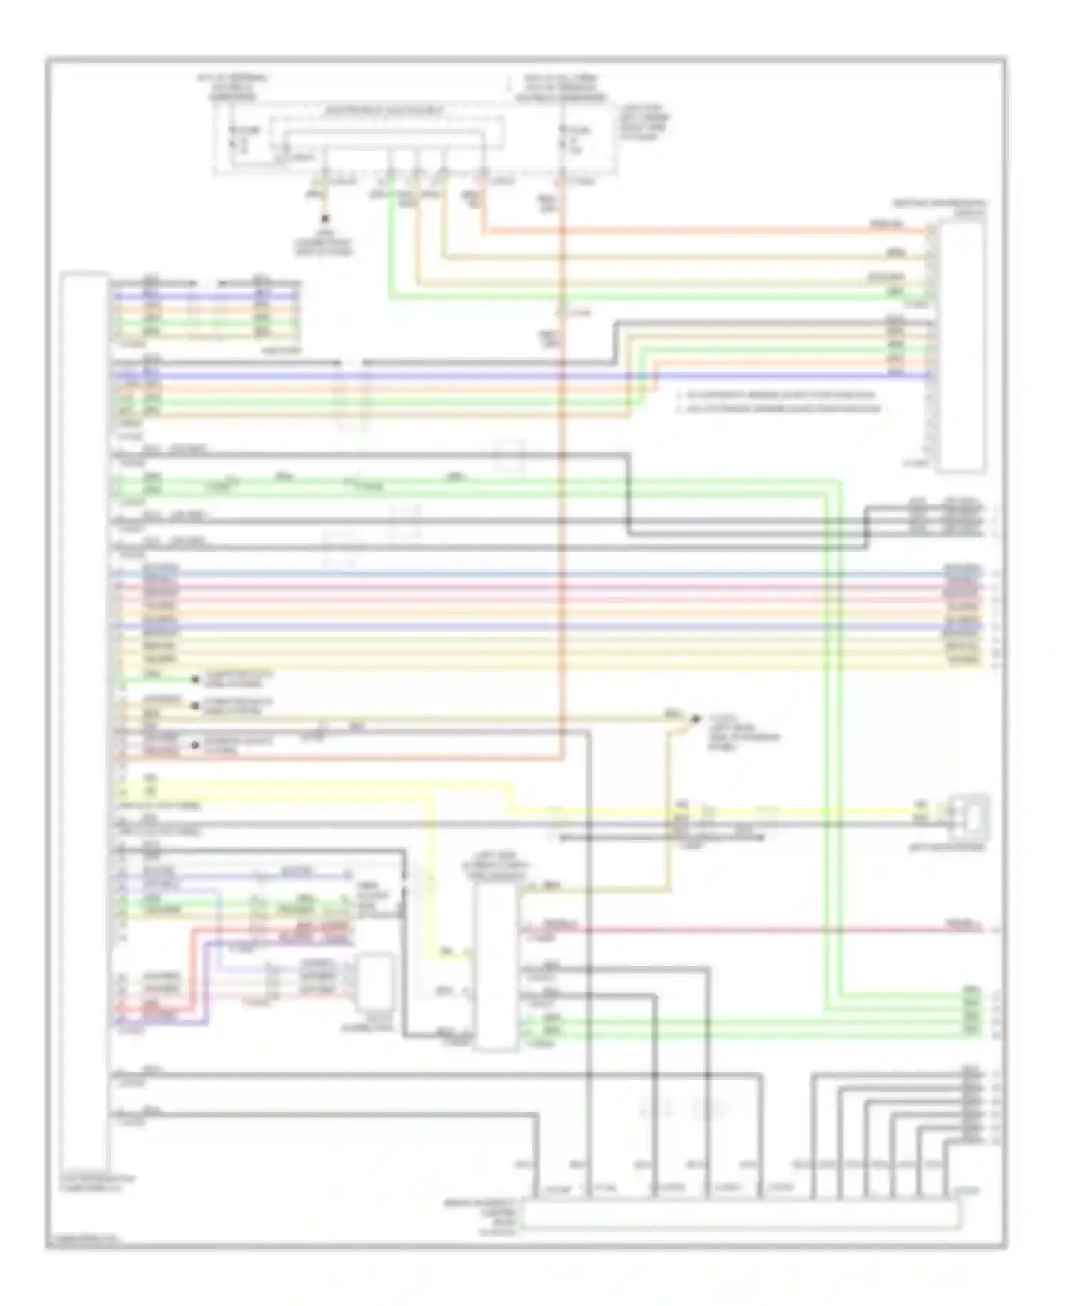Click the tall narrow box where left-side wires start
point(85,722)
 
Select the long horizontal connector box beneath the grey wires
point(740,1215)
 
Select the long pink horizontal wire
point(750,929)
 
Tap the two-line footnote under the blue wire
point(779,402)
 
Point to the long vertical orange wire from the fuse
point(562,500)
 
